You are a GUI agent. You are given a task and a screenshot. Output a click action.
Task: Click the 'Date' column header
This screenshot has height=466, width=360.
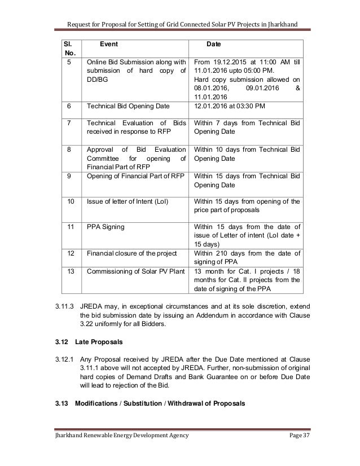coord(214,43)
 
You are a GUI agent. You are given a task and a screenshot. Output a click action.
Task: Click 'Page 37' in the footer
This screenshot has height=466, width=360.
coord(293,452)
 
